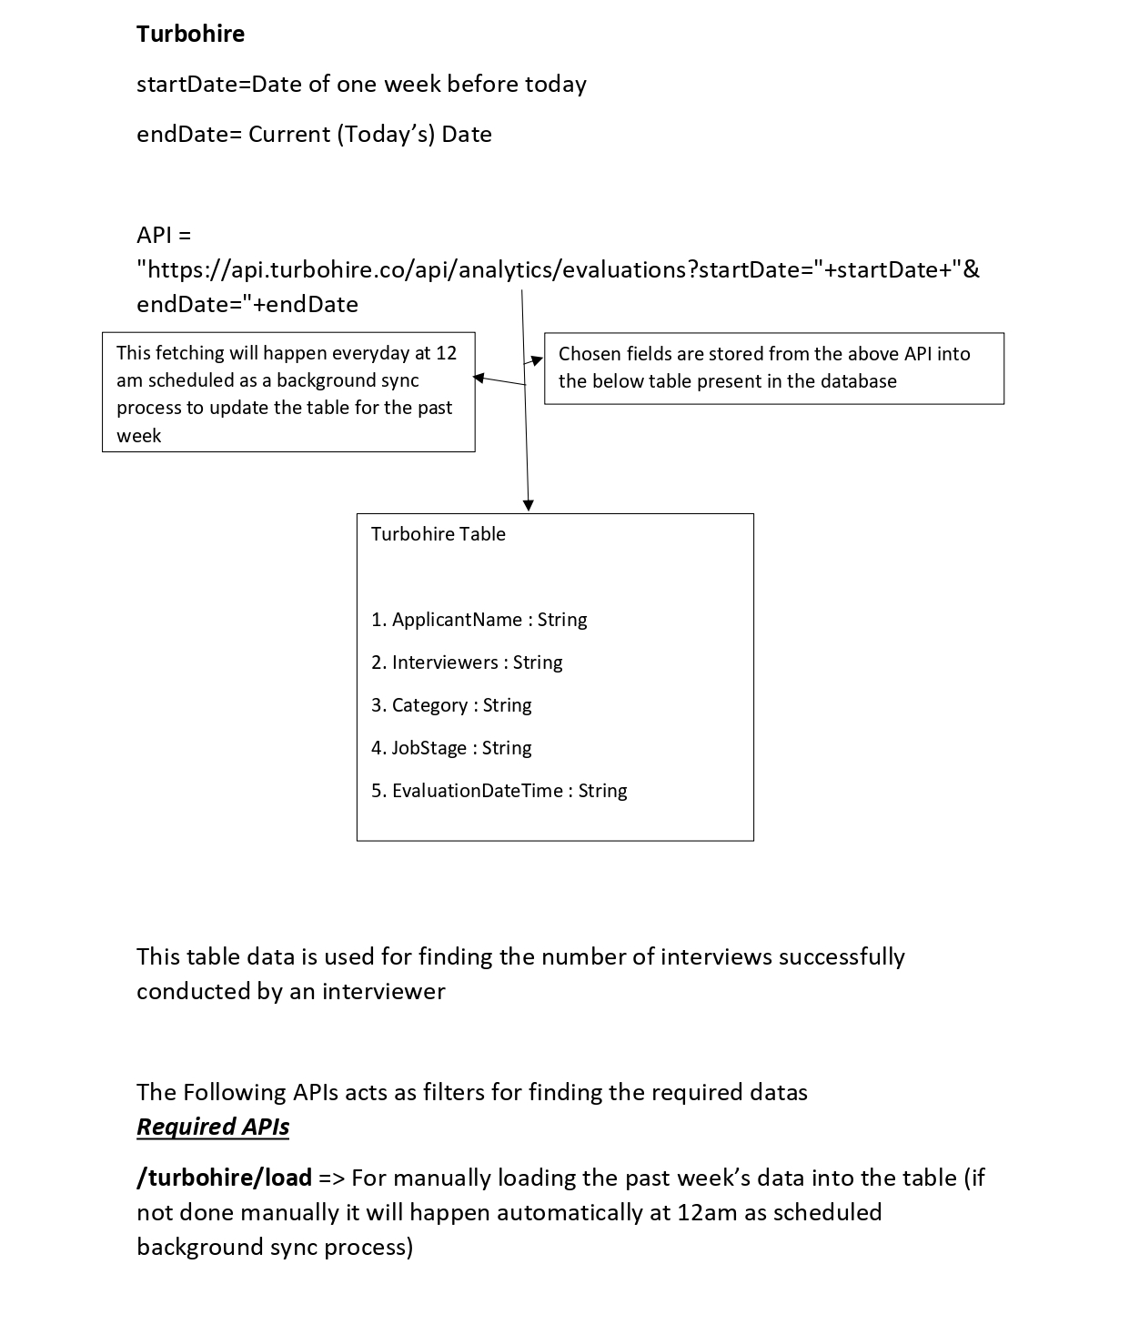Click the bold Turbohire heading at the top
(x=190, y=34)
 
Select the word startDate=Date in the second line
(x=193, y=84)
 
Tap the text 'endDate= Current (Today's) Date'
(x=314, y=134)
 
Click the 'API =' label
(x=164, y=235)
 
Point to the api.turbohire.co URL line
(x=558, y=269)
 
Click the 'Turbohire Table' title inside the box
(x=438, y=534)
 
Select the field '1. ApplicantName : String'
(x=479, y=620)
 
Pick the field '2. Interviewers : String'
(x=467, y=662)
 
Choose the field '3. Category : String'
(x=451, y=705)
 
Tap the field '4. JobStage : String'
(x=451, y=748)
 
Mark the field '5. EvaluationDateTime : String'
(x=499, y=791)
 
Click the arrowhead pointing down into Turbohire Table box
(x=529, y=505)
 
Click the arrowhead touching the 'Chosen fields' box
(x=538, y=360)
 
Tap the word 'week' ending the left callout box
(x=138, y=436)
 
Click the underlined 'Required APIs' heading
(x=213, y=1127)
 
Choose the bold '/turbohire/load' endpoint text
(x=224, y=1178)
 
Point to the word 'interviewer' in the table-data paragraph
(x=383, y=991)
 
